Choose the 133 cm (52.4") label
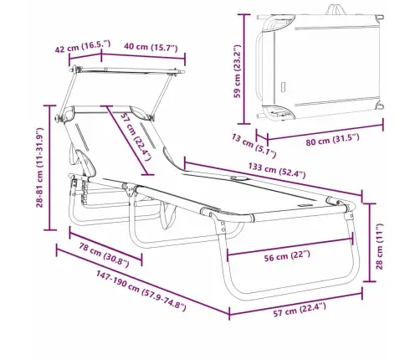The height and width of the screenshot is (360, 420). click(269, 172)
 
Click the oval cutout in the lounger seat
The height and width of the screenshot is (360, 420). click(231, 178)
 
